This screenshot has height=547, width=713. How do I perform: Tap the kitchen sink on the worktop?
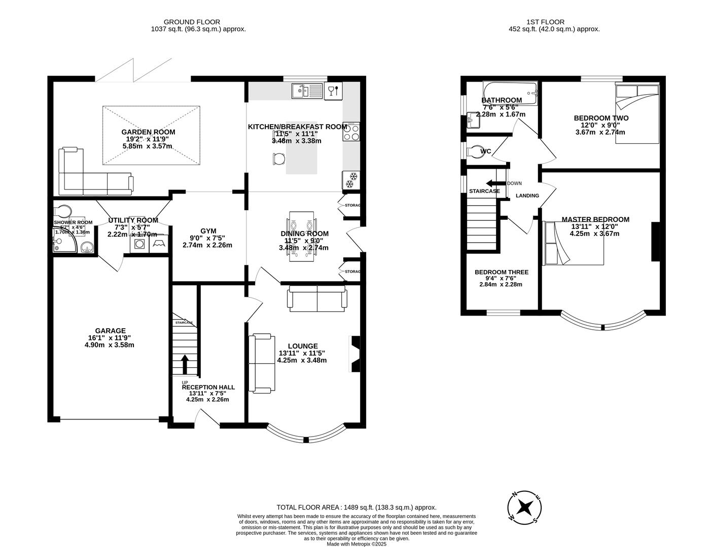[x=307, y=91]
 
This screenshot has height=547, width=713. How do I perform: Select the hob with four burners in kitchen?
[x=351, y=132]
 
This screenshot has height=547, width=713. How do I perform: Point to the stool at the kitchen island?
[x=277, y=159]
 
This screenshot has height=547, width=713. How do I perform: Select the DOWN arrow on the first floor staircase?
[x=491, y=183]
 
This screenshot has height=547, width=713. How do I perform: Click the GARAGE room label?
[x=110, y=331]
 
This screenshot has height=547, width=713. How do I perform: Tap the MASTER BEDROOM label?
[x=595, y=219]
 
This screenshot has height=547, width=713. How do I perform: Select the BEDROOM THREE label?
[x=501, y=272]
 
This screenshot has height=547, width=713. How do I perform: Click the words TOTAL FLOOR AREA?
[x=308, y=507]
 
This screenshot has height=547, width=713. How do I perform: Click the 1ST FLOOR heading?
[x=545, y=22]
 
